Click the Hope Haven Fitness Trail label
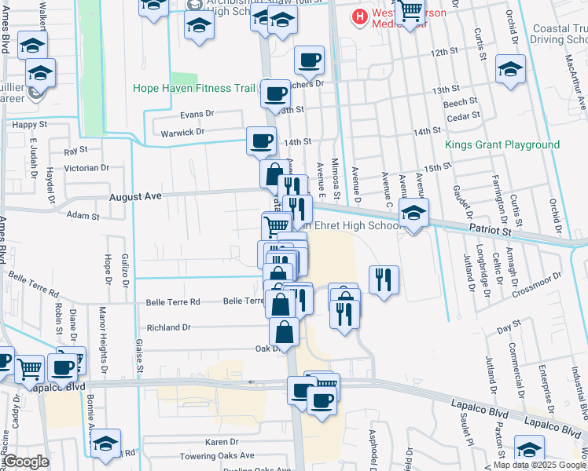[x=193, y=88]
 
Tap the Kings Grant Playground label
[x=502, y=145]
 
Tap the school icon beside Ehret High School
[x=413, y=214]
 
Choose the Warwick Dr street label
[x=184, y=132]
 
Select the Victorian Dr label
[x=86, y=168]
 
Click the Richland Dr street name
[x=164, y=327]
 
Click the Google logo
[x=26, y=462]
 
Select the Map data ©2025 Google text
[x=539, y=465]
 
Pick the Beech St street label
[x=460, y=102]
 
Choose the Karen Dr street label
[x=221, y=443]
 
